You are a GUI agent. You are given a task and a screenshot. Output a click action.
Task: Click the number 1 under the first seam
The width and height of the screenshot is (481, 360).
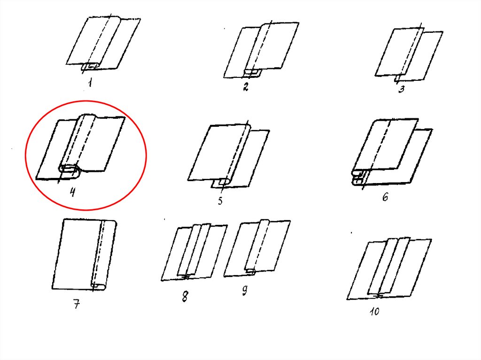[x=90, y=83]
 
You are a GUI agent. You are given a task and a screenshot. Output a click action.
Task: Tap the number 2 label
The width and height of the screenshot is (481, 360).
[x=245, y=87]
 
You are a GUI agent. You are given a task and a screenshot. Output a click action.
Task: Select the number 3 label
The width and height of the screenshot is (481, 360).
[x=401, y=89]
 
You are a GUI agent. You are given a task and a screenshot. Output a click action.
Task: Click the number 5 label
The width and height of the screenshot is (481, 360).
[x=220, y=201]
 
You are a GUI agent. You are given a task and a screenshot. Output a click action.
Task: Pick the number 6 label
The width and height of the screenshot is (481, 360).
[x=385, y=197]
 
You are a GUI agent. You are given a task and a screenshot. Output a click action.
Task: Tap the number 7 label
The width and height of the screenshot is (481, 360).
[x=77, y=305]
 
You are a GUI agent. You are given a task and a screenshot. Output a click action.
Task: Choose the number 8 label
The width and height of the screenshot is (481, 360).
[x=185, y=297]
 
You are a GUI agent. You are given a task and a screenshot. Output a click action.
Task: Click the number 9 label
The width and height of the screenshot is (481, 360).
[x=244, y=290]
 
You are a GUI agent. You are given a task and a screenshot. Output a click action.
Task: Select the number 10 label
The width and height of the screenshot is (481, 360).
[x=374, y=312]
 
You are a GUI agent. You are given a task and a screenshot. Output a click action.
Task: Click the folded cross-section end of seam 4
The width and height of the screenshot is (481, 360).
[x=70, y=171]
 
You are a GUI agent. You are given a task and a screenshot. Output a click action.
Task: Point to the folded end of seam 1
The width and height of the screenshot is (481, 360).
[x=90, y=67]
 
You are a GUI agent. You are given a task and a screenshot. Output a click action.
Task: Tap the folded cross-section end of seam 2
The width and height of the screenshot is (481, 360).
[x=253, y=73]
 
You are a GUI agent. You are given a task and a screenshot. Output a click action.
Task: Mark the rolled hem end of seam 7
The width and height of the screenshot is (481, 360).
[x=98, y=286]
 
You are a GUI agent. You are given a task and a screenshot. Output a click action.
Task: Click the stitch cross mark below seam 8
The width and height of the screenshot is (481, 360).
[x=185, y=277]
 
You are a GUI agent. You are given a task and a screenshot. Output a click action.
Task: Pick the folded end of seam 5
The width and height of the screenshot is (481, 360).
[x=224, y=182]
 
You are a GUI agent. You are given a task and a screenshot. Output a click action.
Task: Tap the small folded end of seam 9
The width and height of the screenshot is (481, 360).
[x=250, y=271]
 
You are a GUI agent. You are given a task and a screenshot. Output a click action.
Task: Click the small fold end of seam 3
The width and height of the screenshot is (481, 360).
[x=397, y=78]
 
